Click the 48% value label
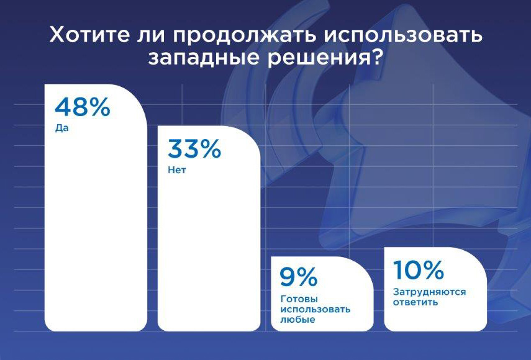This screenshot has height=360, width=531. (x=83, y=107)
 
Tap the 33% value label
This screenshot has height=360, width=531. (x=194, y=149)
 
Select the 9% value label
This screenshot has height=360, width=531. (x=299, y=277)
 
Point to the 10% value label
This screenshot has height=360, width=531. (x=419, y=269)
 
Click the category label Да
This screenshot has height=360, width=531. (x=61, y=128)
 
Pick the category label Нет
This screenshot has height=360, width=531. (x=177, y=170)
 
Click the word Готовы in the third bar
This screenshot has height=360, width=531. (x=299, y=299)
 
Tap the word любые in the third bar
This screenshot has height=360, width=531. (x=297, y=320)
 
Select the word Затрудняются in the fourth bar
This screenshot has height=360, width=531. (x=429, y=292)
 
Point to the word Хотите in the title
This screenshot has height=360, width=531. (x=89, y=35)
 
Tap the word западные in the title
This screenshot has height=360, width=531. (x=204, y=58)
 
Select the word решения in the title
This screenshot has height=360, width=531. (x=318, y=58)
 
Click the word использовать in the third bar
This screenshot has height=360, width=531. (x=315, y=309)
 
